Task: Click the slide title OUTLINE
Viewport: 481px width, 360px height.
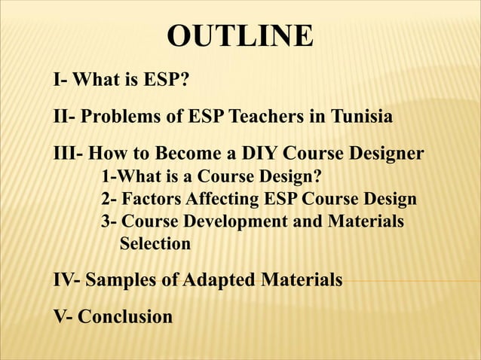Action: (x=240, y=36)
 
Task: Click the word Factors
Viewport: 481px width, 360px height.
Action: (x=152, y=200)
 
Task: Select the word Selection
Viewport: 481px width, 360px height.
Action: (x=155, y=244)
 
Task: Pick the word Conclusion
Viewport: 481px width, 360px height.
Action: (x=125, y=317)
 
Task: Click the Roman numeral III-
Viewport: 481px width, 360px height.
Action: (x=69, y=155)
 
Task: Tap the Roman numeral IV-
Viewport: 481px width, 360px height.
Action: (x=67, y=281)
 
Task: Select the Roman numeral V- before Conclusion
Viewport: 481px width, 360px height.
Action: (x=63, y=317)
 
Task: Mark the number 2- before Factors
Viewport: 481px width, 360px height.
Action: (x=109, y=200)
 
